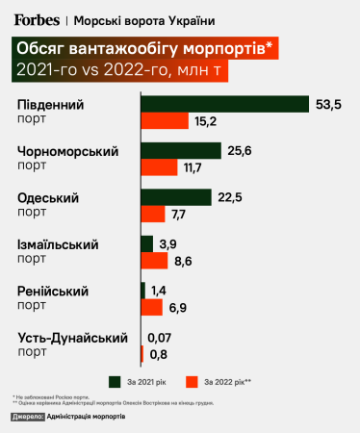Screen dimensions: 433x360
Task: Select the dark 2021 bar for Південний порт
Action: click(224, 104)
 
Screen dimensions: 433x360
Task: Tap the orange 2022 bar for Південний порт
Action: click(165, 121)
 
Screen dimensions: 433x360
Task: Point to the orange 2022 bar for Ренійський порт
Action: click(151, 307)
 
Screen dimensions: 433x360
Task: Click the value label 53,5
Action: click(328, 104)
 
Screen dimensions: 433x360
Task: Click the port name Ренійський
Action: click(53, 291)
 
